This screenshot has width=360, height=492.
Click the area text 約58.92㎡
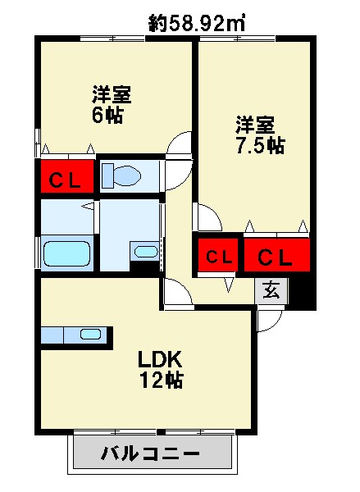(197, 23)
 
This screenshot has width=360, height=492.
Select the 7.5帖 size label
(260, 145)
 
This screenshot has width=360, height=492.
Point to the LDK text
(160, 360)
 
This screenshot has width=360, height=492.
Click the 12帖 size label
(162, 380)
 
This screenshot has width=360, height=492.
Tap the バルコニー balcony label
(150, 453)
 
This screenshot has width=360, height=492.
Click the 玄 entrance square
(271, 291)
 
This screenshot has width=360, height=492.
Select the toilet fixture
(121, 175)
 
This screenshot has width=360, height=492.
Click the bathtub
(66, 254)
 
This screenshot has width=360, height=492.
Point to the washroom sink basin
(146, 252)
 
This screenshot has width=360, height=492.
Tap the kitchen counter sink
(91, 334)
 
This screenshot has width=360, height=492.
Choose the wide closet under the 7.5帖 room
(277, 255)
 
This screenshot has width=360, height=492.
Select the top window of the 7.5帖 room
(238, 39)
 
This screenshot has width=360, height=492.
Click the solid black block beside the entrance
(301, 292)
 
